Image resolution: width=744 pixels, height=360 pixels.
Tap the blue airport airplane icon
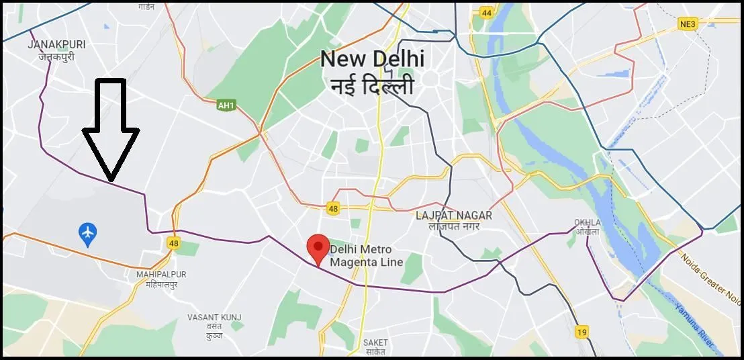click(x=87, y=234)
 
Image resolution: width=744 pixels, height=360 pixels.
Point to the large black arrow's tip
click(x=111, y=180)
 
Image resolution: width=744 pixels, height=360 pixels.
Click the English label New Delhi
click(x=372, y=59)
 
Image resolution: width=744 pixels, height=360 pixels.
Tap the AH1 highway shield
click(x=226, y=105)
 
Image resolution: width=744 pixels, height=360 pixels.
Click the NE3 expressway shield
click(x=686, y=24)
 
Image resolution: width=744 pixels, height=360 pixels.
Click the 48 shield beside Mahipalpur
click(x=173, y=243)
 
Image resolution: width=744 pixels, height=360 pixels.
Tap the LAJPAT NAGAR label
click(x=453, y=216)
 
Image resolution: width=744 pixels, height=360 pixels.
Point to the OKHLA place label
click(x=587, y=222)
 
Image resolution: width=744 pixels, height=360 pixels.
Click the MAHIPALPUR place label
click(x=161, y=274)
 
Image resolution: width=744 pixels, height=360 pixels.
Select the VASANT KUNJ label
click(x=215, y=317)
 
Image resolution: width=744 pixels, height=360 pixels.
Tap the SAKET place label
click(x=375, y=343)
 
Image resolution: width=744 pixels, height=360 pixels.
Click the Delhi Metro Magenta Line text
click(x=366, y=256)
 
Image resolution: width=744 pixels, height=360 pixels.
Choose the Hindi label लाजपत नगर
click(x=453, y=227)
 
